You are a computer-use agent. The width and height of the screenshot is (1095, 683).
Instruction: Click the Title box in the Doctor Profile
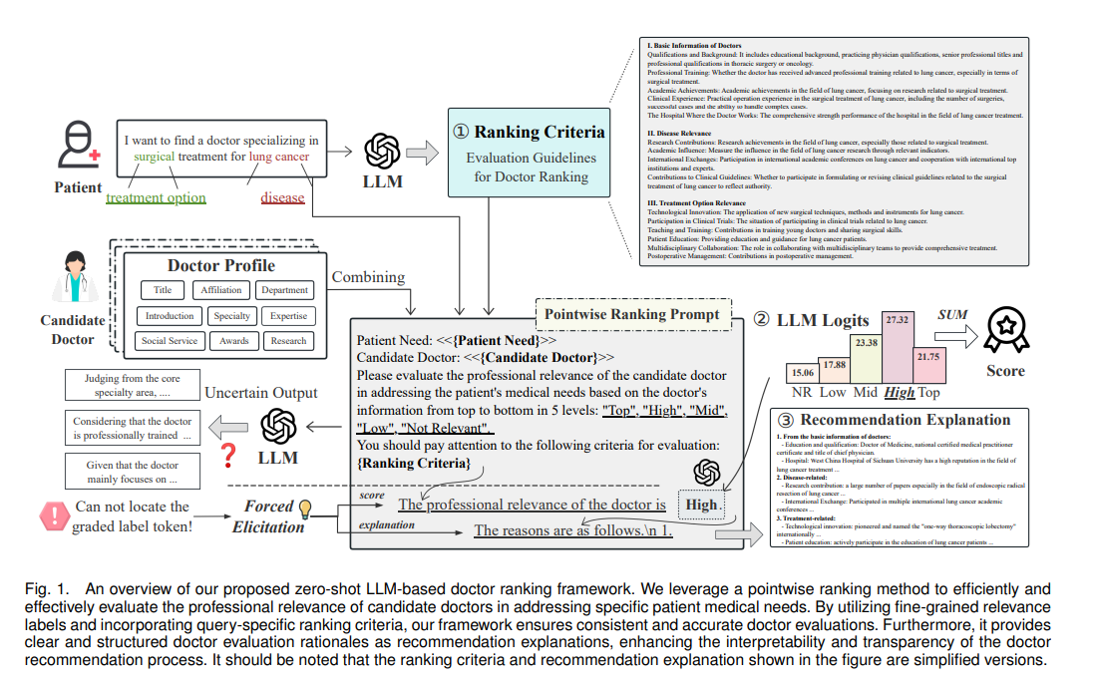pos(163,290)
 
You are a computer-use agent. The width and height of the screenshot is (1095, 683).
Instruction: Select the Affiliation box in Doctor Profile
pos(220,290)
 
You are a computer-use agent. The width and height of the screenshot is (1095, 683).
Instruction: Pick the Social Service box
pos(169,341)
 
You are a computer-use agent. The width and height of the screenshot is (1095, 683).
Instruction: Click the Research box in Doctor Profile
pos(288,341)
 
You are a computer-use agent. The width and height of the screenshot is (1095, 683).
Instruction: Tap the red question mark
pos(228,456)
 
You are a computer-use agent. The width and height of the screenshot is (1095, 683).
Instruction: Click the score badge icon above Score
pos(1004,329)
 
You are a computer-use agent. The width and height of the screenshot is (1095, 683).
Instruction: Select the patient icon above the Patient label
pos(77,147)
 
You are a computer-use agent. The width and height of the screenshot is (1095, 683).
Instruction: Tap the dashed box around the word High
pos(702,506)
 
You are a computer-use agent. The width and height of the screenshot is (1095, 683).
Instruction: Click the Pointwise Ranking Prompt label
pos(630,314)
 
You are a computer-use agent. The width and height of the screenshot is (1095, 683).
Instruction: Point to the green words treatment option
pos(156,197)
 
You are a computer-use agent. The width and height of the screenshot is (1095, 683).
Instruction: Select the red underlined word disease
pos(282,197)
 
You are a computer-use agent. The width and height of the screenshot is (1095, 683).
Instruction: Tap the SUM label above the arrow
pos(953,314)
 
